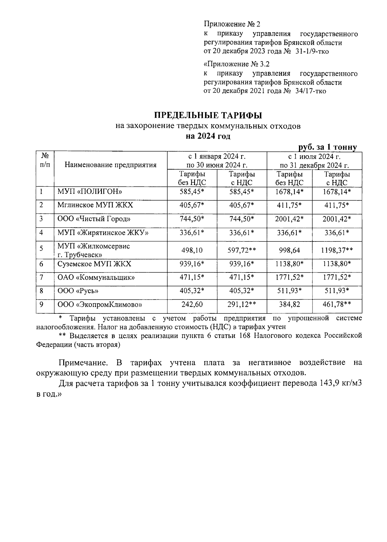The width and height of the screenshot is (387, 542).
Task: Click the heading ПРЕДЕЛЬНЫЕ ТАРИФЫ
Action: point(208,115)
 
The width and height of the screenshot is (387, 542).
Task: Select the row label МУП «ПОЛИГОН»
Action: point(90,192)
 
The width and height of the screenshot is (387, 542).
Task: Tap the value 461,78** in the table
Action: point(337,304)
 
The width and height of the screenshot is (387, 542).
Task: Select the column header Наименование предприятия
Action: point(110,165)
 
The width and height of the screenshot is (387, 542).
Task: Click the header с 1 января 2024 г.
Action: point(217,157)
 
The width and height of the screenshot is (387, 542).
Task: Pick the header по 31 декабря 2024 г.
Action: point(314,166)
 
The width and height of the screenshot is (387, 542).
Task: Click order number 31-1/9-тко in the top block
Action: point(312,51)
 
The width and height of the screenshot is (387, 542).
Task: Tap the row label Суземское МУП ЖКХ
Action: point(94,264)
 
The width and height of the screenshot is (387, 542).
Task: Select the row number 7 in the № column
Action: point(41,277)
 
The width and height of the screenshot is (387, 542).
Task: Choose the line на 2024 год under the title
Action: point(208,136)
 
